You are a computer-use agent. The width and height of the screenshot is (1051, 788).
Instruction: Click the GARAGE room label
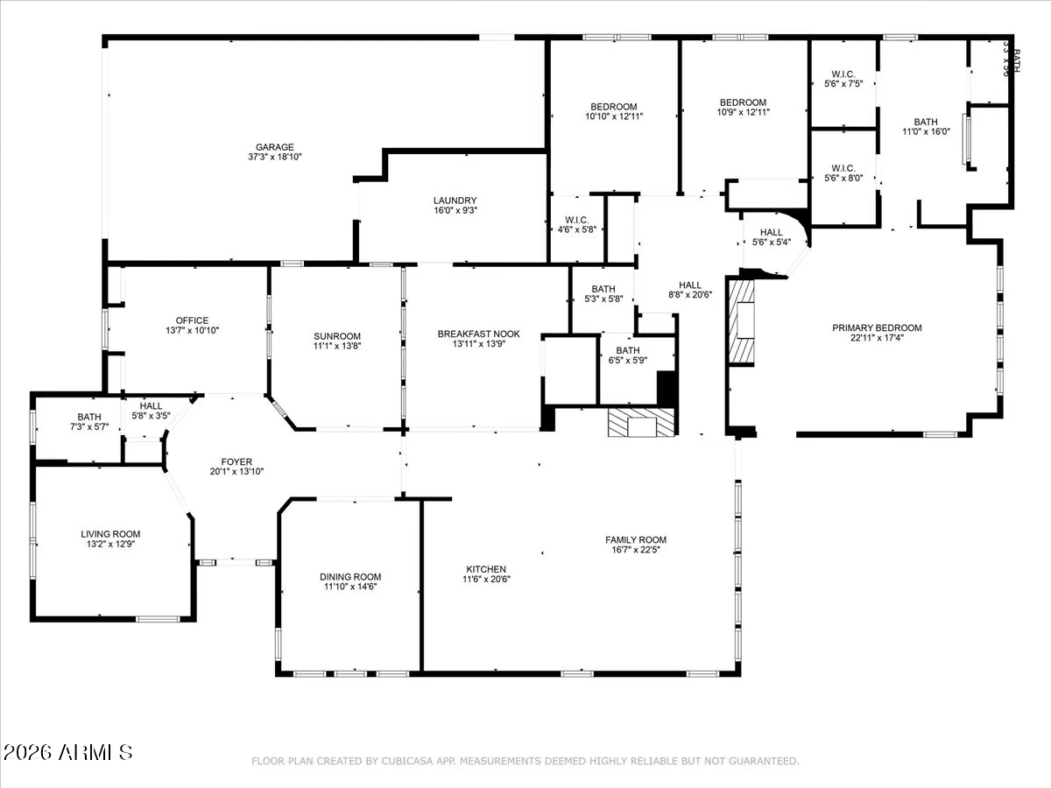coord(275,147)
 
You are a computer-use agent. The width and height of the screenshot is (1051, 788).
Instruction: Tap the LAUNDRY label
coord(455,200)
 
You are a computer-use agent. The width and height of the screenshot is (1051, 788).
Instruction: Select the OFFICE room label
coord(192,320)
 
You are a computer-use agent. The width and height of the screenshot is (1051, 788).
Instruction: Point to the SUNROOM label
coord(337,336)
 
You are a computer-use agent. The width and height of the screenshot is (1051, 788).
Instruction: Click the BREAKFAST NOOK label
coord(479,334)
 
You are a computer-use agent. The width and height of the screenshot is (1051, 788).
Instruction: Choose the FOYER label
coord(236,461)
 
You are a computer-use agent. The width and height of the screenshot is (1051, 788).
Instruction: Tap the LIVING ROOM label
coord(110,533)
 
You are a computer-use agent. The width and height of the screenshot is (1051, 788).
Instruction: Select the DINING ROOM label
coord(350,576)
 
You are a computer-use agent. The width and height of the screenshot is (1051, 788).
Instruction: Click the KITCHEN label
coord(485,568)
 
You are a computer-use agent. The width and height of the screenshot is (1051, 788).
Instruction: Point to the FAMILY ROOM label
coord(636,540)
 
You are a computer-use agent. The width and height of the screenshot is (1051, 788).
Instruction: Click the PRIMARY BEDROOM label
coord(877,328)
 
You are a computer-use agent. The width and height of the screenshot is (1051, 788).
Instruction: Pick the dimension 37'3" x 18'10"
coord(275,158)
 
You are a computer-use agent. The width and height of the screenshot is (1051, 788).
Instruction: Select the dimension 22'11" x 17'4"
coord(877,339)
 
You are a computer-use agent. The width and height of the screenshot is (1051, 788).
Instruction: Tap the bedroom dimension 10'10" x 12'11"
coord(615,116)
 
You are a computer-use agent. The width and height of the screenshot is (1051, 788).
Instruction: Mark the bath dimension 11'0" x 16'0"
coord(926,132)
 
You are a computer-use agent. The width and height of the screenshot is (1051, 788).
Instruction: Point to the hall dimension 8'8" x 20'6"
coord(690,295)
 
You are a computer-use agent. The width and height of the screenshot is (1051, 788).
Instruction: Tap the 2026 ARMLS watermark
coord(68,752)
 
